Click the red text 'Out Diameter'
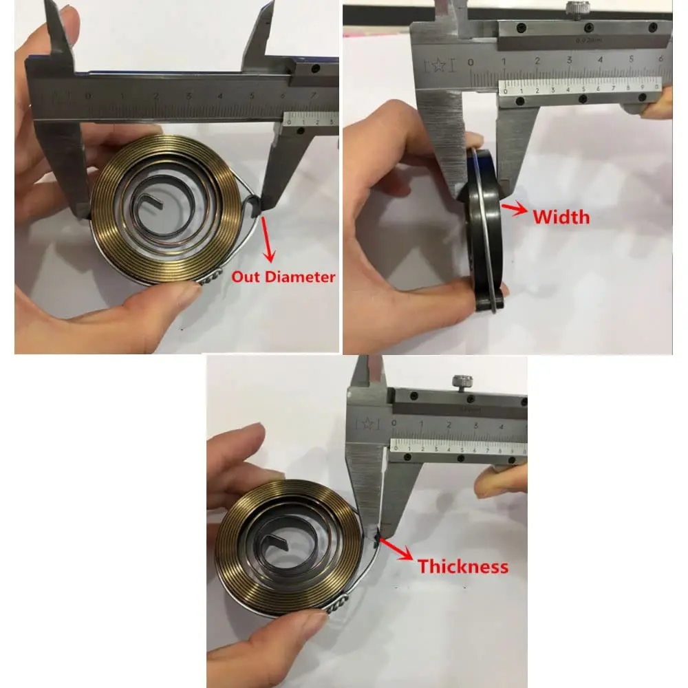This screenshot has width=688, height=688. point(283,277)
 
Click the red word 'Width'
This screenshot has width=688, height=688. point(561,217)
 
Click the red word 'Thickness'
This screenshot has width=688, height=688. point(463,566)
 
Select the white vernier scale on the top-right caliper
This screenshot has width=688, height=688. point(582,85)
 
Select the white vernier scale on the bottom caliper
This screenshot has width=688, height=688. point(458,445)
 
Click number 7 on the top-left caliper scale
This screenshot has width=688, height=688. point(314,94)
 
